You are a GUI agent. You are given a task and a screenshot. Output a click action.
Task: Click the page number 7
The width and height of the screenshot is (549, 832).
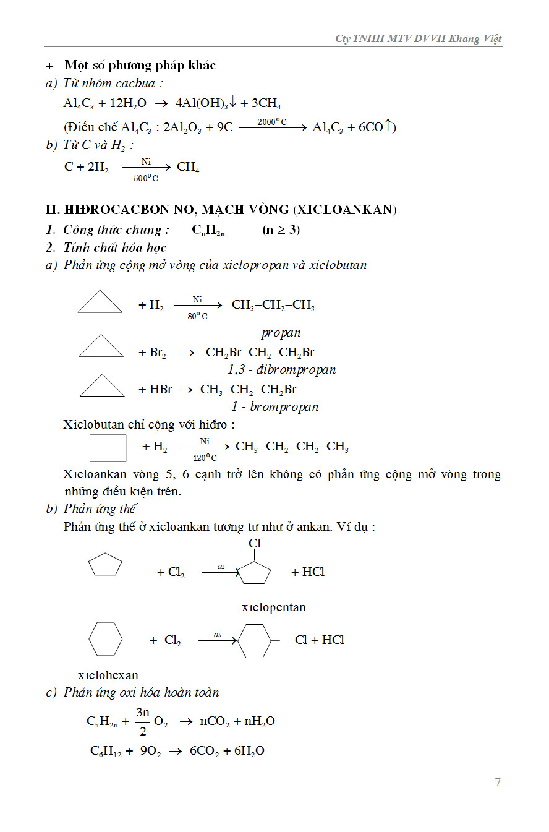498,782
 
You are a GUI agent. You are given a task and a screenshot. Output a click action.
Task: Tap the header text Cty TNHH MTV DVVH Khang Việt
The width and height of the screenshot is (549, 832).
419,38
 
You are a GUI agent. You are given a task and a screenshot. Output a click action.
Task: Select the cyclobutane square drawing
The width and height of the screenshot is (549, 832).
108,448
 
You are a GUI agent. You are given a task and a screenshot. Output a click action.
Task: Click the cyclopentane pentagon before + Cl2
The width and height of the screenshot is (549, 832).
105,565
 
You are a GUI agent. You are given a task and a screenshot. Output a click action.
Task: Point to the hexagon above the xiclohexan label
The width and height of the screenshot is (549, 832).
105,639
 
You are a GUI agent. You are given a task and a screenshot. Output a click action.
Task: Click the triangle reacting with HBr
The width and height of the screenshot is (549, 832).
102,386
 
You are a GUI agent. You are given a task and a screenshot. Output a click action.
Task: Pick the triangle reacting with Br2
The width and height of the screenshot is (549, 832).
101,346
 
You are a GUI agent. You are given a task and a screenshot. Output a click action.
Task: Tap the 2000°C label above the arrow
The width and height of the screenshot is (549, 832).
272,122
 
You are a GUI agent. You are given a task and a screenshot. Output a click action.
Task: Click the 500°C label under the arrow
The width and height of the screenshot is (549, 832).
146,178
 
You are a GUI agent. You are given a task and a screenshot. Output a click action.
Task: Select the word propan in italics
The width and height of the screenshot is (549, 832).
281,333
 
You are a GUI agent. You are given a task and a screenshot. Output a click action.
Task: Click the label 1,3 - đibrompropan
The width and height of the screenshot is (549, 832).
281,370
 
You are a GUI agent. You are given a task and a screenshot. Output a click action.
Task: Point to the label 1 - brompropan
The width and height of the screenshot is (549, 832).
275,407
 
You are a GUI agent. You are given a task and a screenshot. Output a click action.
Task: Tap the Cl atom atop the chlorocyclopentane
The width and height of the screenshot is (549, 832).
255,544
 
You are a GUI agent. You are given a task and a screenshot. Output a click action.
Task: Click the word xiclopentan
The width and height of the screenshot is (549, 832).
273,607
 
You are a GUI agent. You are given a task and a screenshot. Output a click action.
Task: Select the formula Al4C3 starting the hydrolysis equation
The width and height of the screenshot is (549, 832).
77,103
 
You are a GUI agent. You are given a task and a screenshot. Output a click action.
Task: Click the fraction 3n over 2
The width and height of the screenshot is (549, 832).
143,721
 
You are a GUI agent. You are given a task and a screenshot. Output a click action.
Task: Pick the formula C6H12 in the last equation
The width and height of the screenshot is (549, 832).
106,751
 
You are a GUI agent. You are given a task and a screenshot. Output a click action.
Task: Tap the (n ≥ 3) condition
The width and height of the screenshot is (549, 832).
281,229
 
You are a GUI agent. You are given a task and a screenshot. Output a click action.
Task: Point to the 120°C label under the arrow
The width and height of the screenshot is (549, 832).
205,458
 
